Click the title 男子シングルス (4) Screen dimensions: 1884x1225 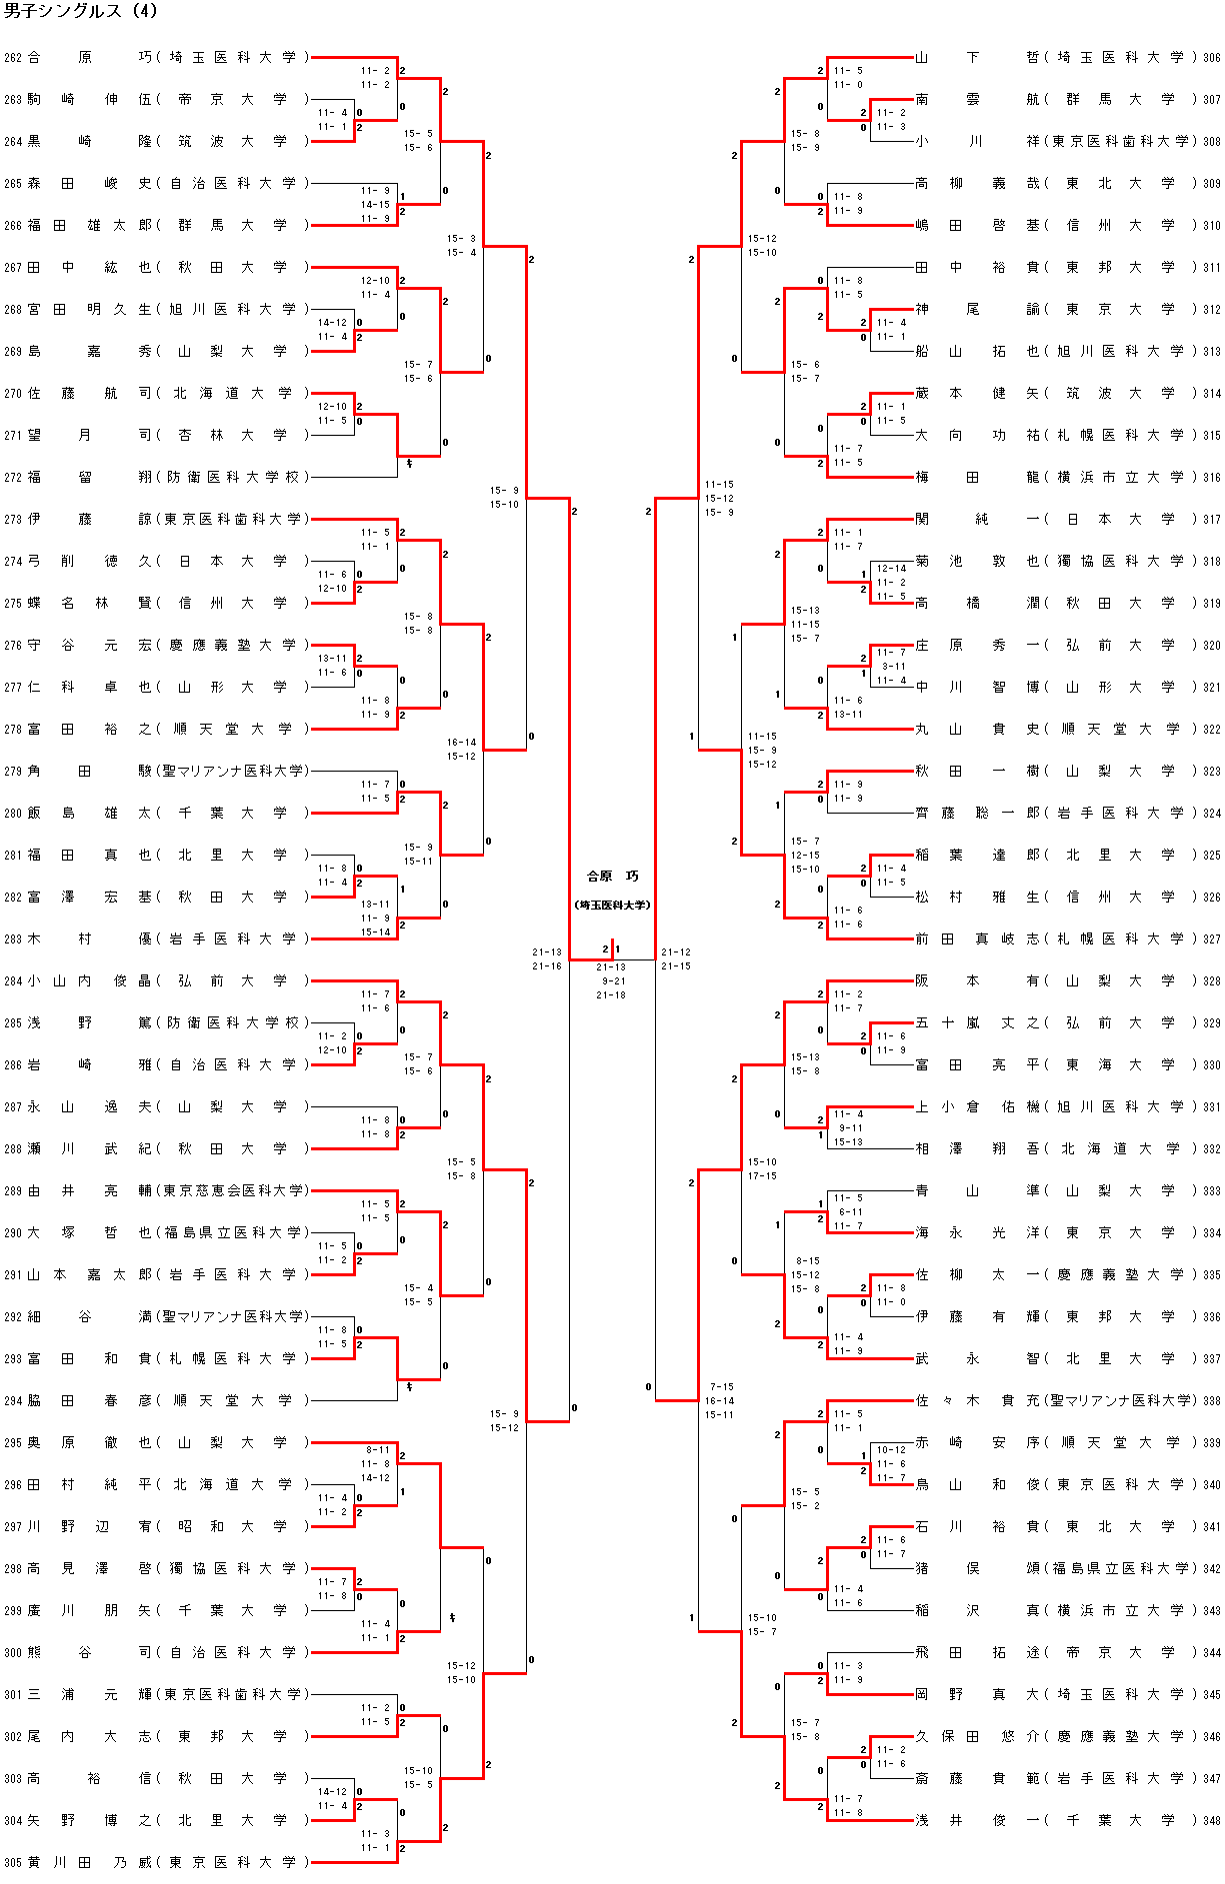[81, 12]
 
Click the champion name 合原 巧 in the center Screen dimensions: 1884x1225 [612, 877]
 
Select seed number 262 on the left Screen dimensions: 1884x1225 [12, 58]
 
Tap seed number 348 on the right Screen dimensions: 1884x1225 [1211, 1820]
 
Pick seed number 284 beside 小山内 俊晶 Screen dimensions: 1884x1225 [12, 980]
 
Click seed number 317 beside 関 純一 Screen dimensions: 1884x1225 [1211, 519]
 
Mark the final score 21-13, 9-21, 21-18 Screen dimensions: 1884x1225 [611, 980]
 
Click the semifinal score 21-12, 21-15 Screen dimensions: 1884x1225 [676, 959]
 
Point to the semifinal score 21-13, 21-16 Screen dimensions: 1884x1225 [547, 959]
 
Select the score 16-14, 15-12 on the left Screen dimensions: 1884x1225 [461, 750]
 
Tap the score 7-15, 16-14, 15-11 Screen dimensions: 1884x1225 [719, 1400]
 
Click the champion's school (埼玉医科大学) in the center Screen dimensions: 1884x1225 [612, 905]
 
